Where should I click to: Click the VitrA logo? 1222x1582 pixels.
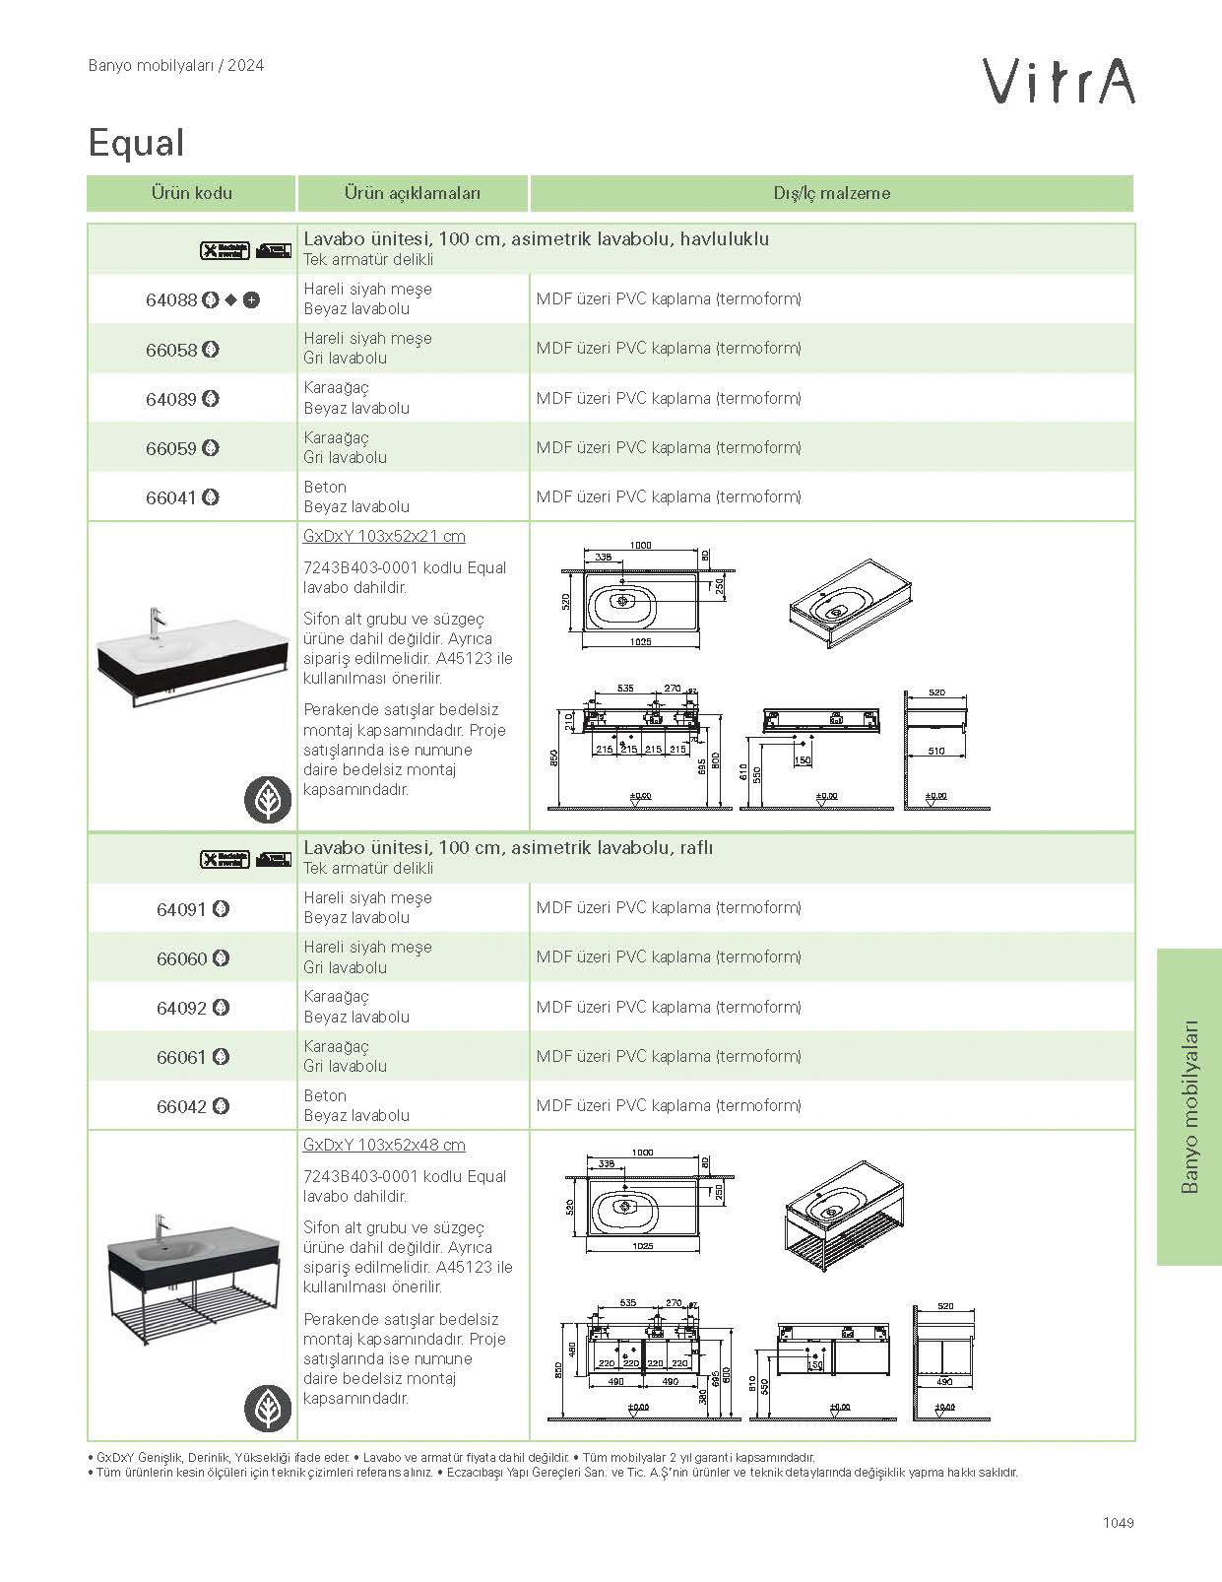point(1060,82)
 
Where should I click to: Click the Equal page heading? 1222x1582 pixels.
point(136,143)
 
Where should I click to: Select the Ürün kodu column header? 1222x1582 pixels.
point(191,193)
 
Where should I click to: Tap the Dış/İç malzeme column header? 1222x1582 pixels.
point(831,193)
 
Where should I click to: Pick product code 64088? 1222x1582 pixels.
point(171,300)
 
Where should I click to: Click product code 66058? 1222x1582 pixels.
point(171,350)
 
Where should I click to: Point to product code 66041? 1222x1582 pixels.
point(171,497)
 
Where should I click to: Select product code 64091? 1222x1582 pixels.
point(182,909)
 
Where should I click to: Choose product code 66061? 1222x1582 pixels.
point(182,1057)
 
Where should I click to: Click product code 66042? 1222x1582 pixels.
point(182,1106)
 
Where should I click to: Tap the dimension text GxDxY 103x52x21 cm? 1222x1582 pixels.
point(384,536)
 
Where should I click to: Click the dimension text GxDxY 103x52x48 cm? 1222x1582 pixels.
point(384,1145)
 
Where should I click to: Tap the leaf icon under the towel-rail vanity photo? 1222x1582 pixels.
point(268,800)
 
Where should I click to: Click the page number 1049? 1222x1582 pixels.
point(1119,1522)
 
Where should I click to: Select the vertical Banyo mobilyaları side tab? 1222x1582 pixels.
point(1190,1106)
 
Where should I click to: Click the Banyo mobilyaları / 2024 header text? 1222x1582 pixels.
point(175,66)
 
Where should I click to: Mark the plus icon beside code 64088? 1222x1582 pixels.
point(252,300)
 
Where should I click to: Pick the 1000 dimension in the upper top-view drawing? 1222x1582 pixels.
point(640,545)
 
